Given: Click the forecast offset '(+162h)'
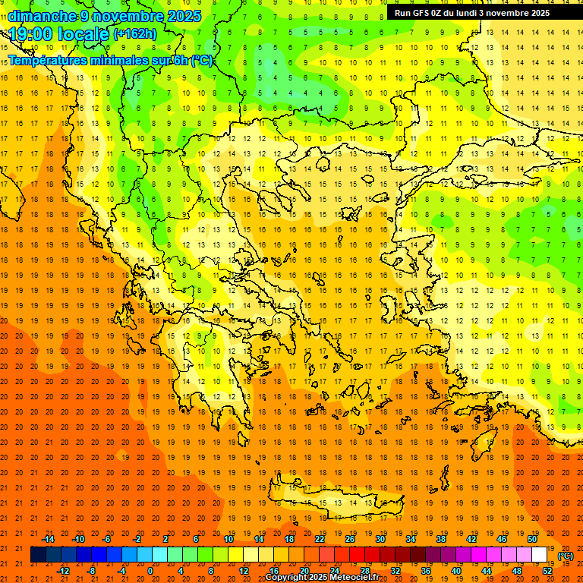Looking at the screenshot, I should [x=135, y=34].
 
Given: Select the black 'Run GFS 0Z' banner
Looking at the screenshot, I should [x=477, y=13].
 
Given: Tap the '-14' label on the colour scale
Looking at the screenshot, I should [x=48, y=539].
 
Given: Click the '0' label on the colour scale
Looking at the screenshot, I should [x=150, y=571].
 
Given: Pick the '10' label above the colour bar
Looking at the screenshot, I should [x=228, y=539].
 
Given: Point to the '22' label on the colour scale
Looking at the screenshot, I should [x=320, y=539].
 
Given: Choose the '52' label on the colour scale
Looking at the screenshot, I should [x=548, y=571].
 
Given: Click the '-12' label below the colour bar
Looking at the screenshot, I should [x=63, y=571].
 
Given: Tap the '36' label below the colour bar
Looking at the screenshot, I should [x=426, y=571].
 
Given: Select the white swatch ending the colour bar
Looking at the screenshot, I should [x=540, y=555].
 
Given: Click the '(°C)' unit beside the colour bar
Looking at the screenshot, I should [x=566, y=556].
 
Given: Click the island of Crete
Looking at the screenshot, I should [x=357, y=502].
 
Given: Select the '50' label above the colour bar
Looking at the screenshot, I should [x=533, y=539].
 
